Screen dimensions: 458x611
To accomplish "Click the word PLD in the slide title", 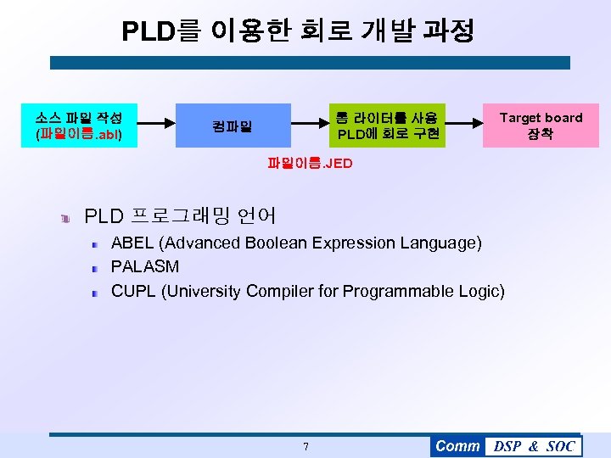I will (148, 31).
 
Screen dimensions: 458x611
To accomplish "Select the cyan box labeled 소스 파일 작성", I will (79, 126).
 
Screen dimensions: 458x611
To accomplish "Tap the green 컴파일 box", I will (233, 126).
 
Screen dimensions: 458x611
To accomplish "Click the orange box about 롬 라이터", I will (388, 126).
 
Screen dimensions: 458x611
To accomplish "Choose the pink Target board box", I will (541, 126).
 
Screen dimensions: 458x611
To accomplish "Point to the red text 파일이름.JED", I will (309, 163).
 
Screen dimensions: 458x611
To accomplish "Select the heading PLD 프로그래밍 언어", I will (181, 216).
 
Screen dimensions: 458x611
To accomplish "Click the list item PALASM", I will (145, 266).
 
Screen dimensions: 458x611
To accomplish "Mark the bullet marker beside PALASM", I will (97, 268).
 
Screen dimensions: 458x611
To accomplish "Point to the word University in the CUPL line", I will (209, 292).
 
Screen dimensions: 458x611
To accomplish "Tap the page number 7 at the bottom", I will (305, 447).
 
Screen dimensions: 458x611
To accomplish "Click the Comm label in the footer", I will (457, 446).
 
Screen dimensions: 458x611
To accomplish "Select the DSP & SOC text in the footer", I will (534, 446).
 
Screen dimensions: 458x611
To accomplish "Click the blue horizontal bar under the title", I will (310, 63).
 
